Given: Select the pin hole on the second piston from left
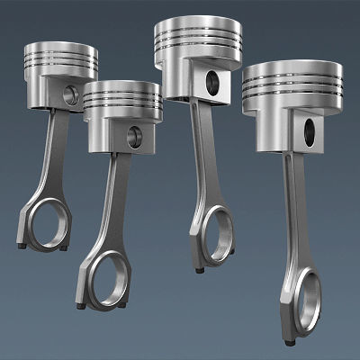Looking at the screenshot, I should (134, 137).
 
